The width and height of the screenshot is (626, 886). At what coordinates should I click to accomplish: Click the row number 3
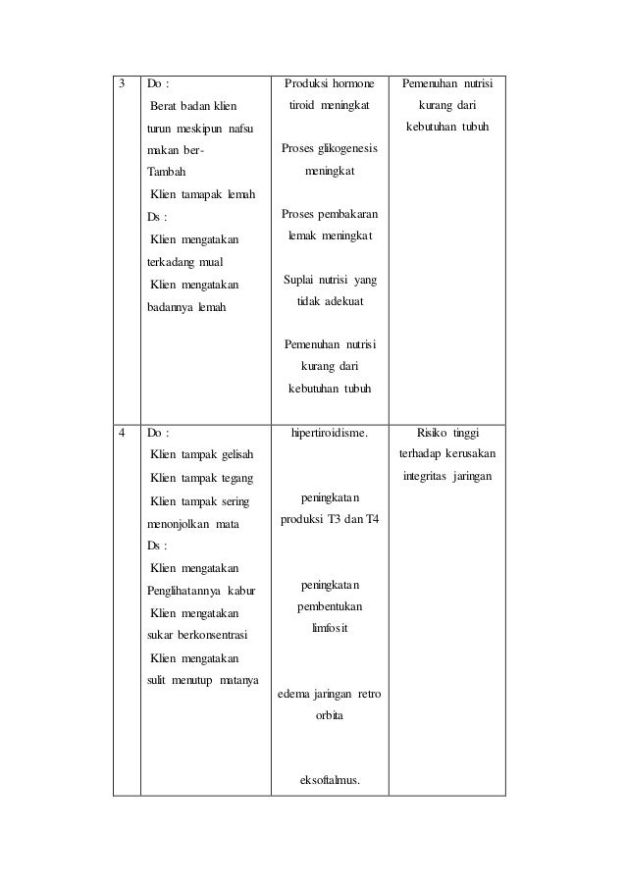click(122, 83)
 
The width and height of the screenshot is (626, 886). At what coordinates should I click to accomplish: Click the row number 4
click(122, 431)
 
